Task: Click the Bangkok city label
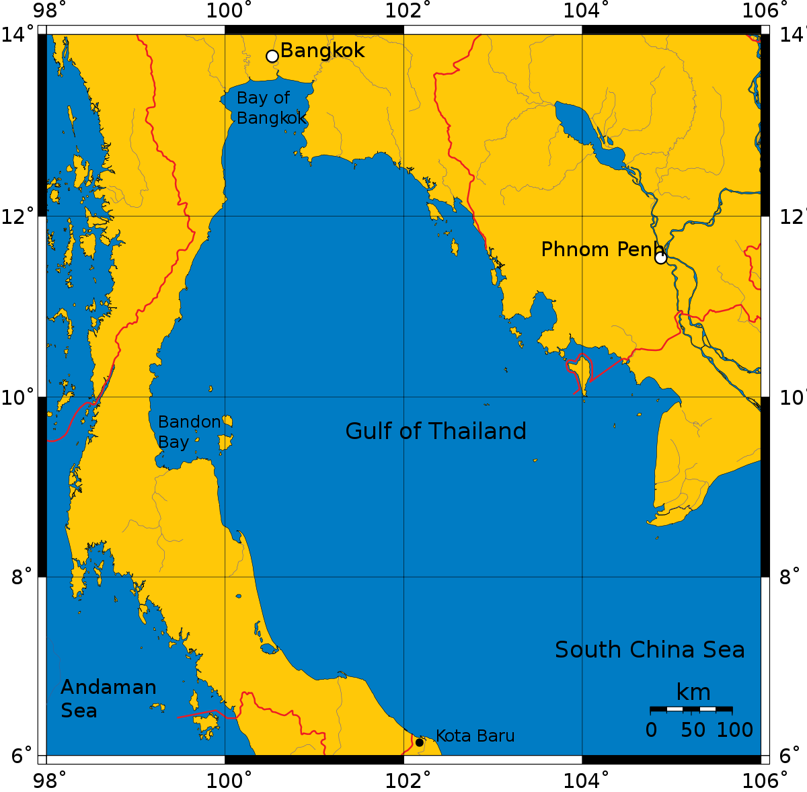(x=322, y=51)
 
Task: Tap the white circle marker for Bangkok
(x=272, y=56)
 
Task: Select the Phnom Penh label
(x=601, y=250)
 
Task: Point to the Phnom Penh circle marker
(x=660, y=258)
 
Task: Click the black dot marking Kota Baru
(x=420, y=742)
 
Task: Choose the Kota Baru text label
(x=475, y=736)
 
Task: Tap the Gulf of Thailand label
(x=435, y=431)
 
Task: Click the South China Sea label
(x=650, y=650)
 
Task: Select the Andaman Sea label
(x=108, y=699)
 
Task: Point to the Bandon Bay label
(x=188, y=432)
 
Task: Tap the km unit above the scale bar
(x=693, y=692)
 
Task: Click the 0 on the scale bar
(x=651, y=730)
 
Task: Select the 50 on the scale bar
(x=693, y=730)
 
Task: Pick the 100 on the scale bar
(x=734, y=730)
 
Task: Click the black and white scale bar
(x=691, y=709)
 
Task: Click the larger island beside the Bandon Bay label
(x=225, y=443)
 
